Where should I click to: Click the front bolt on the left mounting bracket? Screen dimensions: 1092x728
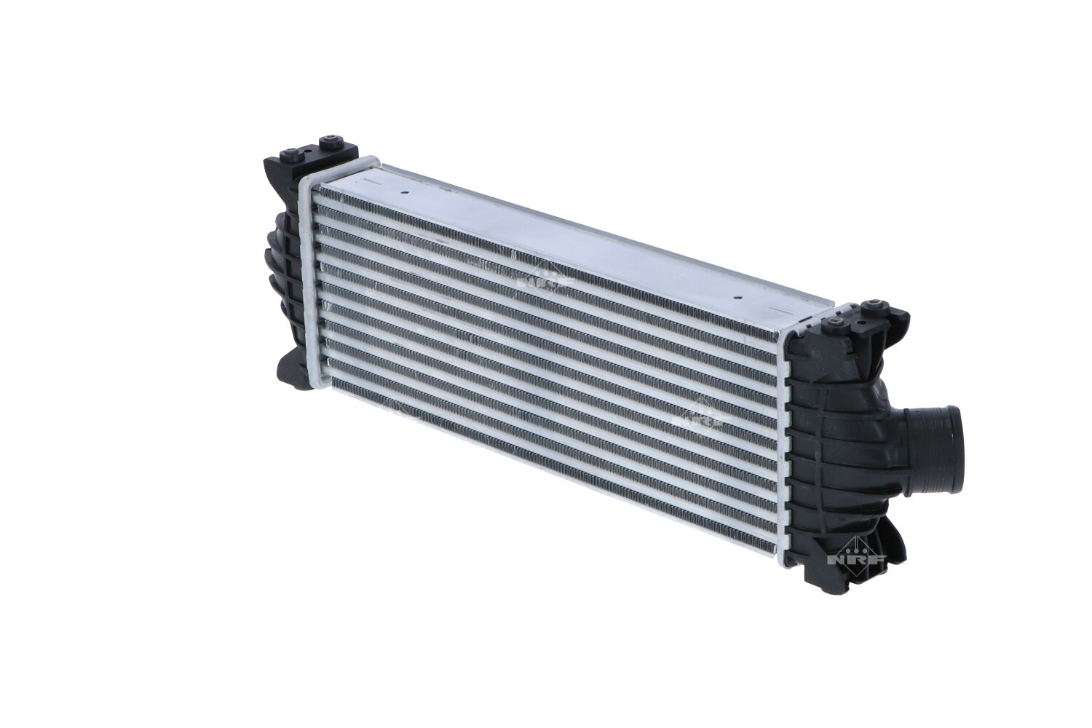coord(292,151)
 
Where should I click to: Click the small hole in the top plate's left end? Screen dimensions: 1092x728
coord(405,193)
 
